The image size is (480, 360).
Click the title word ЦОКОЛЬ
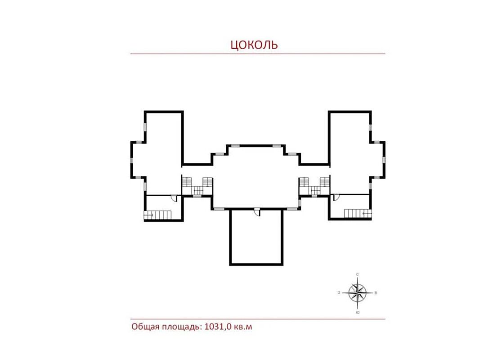coord(254,45)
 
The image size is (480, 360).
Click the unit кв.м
coord(243,327)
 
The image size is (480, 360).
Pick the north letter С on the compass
coord(357,274)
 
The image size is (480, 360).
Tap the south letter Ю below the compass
coord(358,313)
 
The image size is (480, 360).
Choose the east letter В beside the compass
coord(376,293)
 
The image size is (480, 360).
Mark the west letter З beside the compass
coord(339,292)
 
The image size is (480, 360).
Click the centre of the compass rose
coord(358,293)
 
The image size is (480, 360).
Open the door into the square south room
coord(257,212)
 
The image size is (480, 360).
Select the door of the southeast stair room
coord(336,197)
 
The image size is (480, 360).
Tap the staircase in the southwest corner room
coord(157,215)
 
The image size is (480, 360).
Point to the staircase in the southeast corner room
coord(358,213)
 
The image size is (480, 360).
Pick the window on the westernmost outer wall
coord(132,160)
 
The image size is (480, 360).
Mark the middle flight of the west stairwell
coord(197,191)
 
